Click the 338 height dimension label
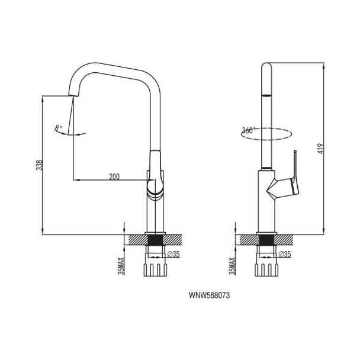pyautogui.click(x=40, y=165)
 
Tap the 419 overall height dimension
pyautogui.click(x=321, y=149)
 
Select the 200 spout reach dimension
pyautogui.click(x=114, y=177)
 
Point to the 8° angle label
pyautogui.click(x=59, y=128)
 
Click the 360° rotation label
pyautogui.click(x=247, y=130)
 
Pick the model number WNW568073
pyautogui.click(x=209, y=295)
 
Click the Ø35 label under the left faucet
pyautogui.click(x=173, y=254)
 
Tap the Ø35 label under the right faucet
pyautogui.click(x=285, y=254)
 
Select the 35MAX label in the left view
pyautogui.click(x=121, y=266)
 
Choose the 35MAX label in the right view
pyautogui.click(x=232, y=266)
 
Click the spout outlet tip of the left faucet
pyautogui.click(x=73, y=95)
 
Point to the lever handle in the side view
pyautogui.click(x=285, y=181)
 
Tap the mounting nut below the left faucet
pyautogui.click(x=155, y=270)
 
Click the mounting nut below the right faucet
pyautogui.click(x=266, y=270)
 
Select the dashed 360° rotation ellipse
pyautogui.click(x=266, y=140)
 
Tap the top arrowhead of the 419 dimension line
pyautogui.click(x=323, y=66)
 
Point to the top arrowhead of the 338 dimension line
pyautogui.click(x=43, y=100)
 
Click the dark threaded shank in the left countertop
pyautogui.click(x=155, y=240)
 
